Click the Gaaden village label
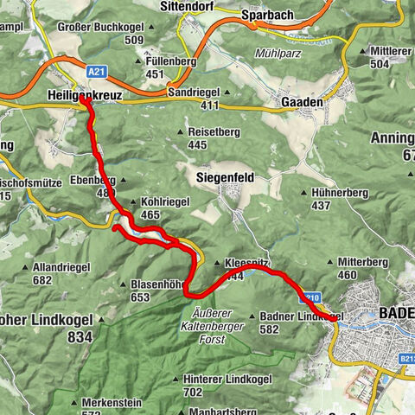click(x=302, y=101)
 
